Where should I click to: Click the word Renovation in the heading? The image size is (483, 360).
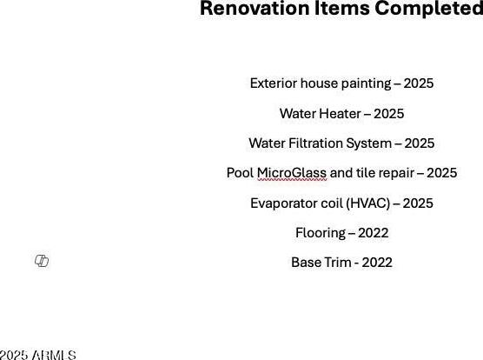pos(255,8)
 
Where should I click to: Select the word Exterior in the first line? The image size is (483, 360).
pos(274,83)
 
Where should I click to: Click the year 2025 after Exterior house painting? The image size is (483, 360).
pos(419,83)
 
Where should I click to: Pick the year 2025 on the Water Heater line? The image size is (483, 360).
pos(388,113)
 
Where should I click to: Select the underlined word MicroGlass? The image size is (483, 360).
pos(292,173)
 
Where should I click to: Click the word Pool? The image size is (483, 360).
pos(240,173)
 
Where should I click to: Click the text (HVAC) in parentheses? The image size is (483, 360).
pos(368,203)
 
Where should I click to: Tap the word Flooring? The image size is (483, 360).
pos(321,233)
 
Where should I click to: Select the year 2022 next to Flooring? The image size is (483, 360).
pos(373,233)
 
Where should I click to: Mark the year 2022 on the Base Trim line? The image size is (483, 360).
pos(377,263)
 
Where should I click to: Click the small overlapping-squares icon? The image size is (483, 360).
pos(42,261)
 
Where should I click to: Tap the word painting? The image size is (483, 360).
pos(367,83)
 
